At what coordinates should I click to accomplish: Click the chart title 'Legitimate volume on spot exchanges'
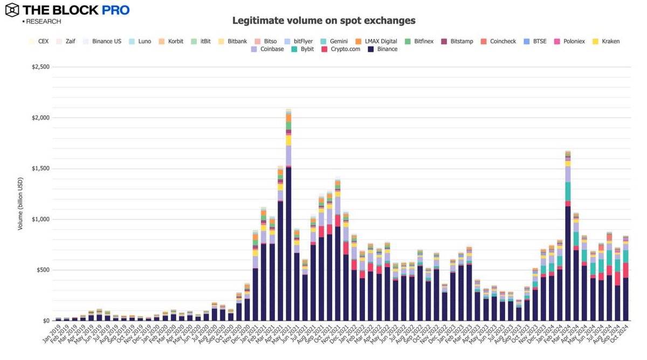323,20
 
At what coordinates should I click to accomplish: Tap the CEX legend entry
39,41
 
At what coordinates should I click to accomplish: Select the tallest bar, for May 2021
288,216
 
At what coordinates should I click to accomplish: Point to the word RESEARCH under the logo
43,22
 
